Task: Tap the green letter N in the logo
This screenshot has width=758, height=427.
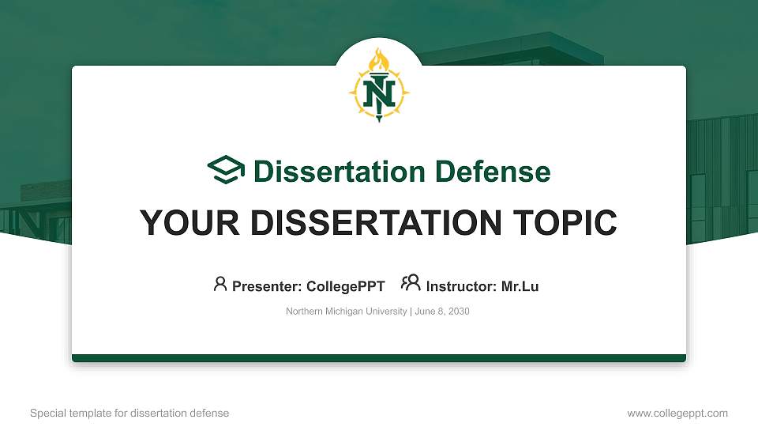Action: (x=379, y=93)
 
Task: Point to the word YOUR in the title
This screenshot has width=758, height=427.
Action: (x=182, y=223)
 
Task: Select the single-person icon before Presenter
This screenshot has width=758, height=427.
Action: (x=220, y=285)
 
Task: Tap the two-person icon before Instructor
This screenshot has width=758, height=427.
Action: (x=411, y=284)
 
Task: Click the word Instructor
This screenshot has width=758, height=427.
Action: (x=459, y=286)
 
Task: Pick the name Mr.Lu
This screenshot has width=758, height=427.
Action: (x=520, y=286)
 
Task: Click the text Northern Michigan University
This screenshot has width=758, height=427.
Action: (x=346, y=312)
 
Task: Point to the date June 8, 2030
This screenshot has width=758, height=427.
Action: (x=441, y=312)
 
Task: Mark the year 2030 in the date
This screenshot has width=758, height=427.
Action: (x=459, y=312)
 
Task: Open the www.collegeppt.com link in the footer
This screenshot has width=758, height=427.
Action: (x=677, y=413)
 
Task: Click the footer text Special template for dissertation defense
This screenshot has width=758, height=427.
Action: (x=129, y=413)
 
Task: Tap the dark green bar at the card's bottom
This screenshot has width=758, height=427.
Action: (x=379, y=358)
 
